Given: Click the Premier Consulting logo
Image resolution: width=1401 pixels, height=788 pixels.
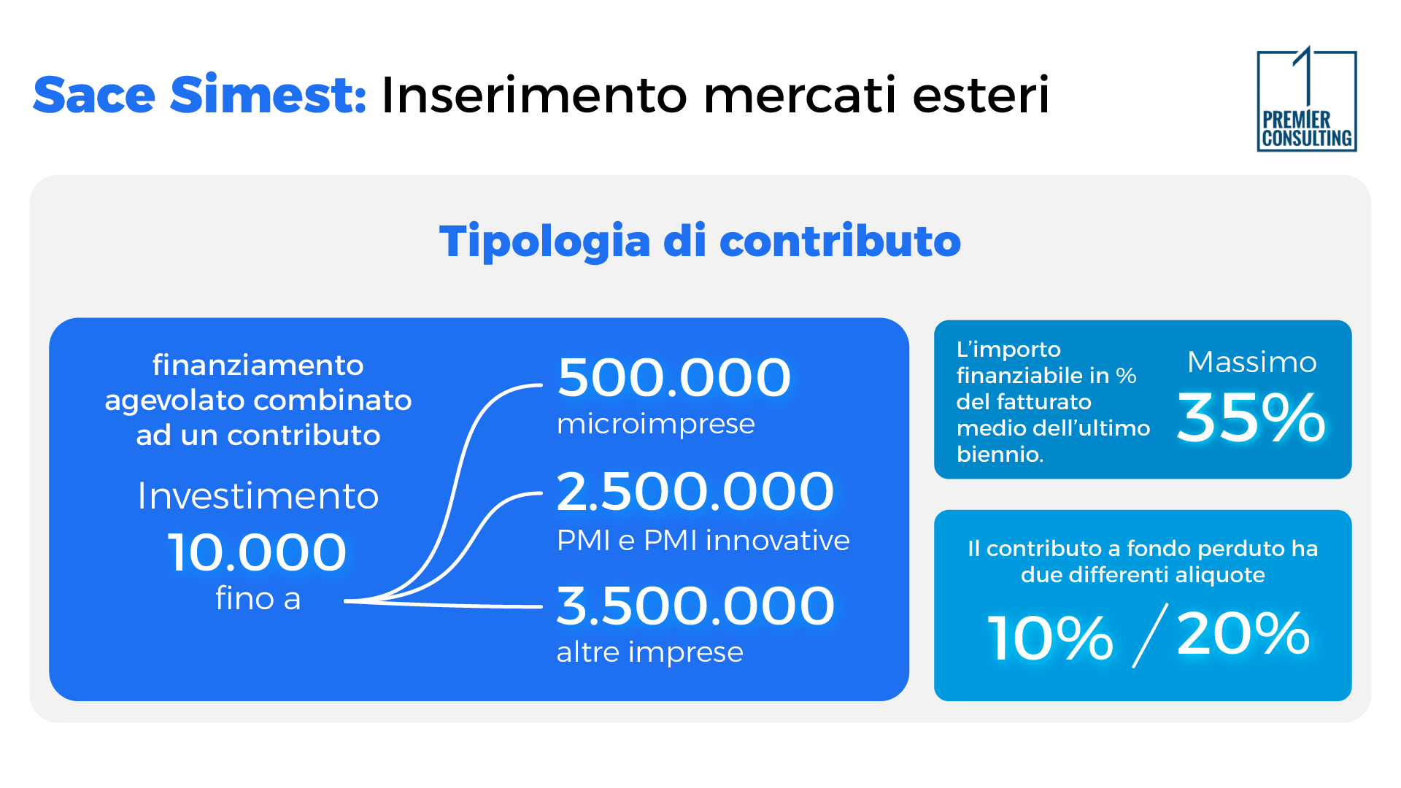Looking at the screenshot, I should pyautogui.click(x=1306, y=101).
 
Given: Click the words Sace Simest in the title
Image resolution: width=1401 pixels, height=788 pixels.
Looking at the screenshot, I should pyautogui.click(x=199, y=96).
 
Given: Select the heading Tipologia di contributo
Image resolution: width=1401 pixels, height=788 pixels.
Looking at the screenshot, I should pyautogui.click(x=700, y=242).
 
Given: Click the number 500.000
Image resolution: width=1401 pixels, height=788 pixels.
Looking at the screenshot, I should pyautogui.click(x=674, y=378).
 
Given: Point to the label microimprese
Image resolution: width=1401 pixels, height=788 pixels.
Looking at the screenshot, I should pyautogui.click(x=655, y=424).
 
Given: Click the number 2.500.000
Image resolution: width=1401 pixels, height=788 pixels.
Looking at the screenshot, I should pyautogui.click(x=695, y=492).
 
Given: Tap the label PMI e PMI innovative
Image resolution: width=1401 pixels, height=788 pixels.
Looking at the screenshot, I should pyautogui.click(x=703, y=541).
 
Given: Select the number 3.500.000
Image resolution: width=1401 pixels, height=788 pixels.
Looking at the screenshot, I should pyautogui.click(x=695, y=606).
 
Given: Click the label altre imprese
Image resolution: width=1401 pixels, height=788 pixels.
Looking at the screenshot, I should pyautogui.click(x=649, y=652).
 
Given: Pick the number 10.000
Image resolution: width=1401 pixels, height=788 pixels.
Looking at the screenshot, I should pyautogui.click(x=257, y=552).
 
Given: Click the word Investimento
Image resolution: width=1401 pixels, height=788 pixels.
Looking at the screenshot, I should pyautogui.click(x=258, y=496).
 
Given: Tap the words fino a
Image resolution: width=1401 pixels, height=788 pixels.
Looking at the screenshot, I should pyautogui.click(x=258, y=599).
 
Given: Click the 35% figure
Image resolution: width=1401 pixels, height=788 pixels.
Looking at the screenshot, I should pyautogui.click(x=1250, y=418).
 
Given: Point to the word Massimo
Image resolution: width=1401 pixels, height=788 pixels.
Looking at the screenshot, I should pyautogui.click(x=1251, y=362).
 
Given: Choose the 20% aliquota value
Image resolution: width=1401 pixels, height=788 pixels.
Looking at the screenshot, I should pyautogui.click(x=1243, y=633).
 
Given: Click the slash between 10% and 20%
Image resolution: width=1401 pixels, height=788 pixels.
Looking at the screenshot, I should pyautogui.click(x=1150, y=636).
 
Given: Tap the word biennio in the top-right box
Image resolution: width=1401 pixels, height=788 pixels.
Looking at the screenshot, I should pyautogui.click(x=999, y=455).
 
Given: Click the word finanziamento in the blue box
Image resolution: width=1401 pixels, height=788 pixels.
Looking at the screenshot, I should pyautogui.click(x=258, y=365).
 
